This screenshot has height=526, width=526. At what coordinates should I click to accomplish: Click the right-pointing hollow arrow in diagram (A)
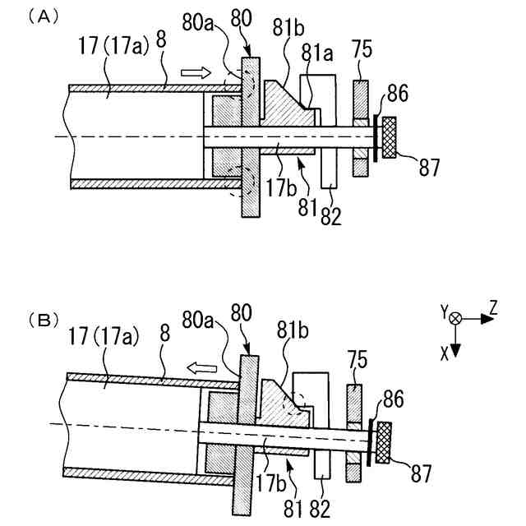[192, 73]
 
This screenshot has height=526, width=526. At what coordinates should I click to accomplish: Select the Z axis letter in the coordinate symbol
[494, 307]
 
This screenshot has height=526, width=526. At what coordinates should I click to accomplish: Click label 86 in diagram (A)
[396, 95]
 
